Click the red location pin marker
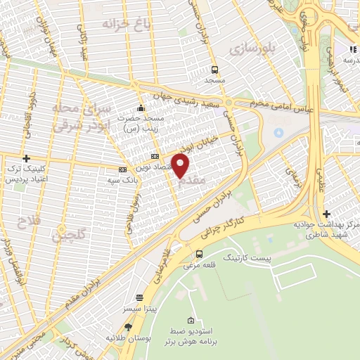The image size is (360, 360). click(x=181, y=166)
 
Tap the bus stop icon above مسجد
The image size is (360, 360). click(x=214, y=70)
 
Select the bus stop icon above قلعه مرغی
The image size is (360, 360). click(x=199, y=254)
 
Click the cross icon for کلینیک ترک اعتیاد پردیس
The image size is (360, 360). click(x=27, y=159)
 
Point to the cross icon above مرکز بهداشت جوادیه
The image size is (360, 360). click(x=326, y=214)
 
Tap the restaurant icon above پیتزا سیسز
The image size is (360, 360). click(x=139, y=297)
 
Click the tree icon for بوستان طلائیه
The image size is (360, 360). click(x=128, y=327)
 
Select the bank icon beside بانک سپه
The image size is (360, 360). click(x=122, y=169)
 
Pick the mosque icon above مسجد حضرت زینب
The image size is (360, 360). click(x=141, y=108)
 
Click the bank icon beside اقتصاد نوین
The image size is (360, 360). click(x=155, y=157)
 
